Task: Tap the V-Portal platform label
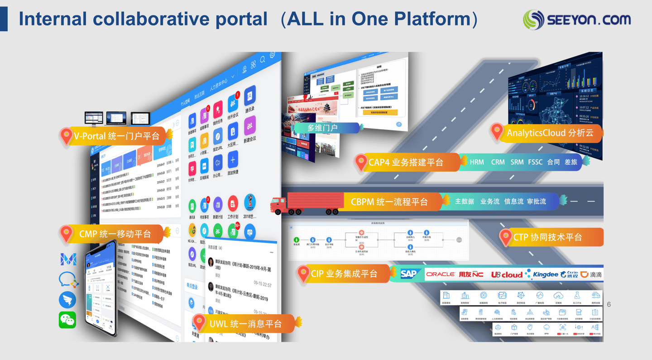(x=116, y=136)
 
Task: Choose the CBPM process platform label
(x=389, y=202)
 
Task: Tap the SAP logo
(x=408, y=274)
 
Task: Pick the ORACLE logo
(x=440, y=274)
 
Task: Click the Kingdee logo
(x=545, y=274)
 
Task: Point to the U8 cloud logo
(x=506, y=274)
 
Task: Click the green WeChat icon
(x=67, y=320)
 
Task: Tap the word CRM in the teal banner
(x=498, y=162)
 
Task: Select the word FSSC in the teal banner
(x=535, y=162)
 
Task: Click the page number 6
(x=609, y=304)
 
